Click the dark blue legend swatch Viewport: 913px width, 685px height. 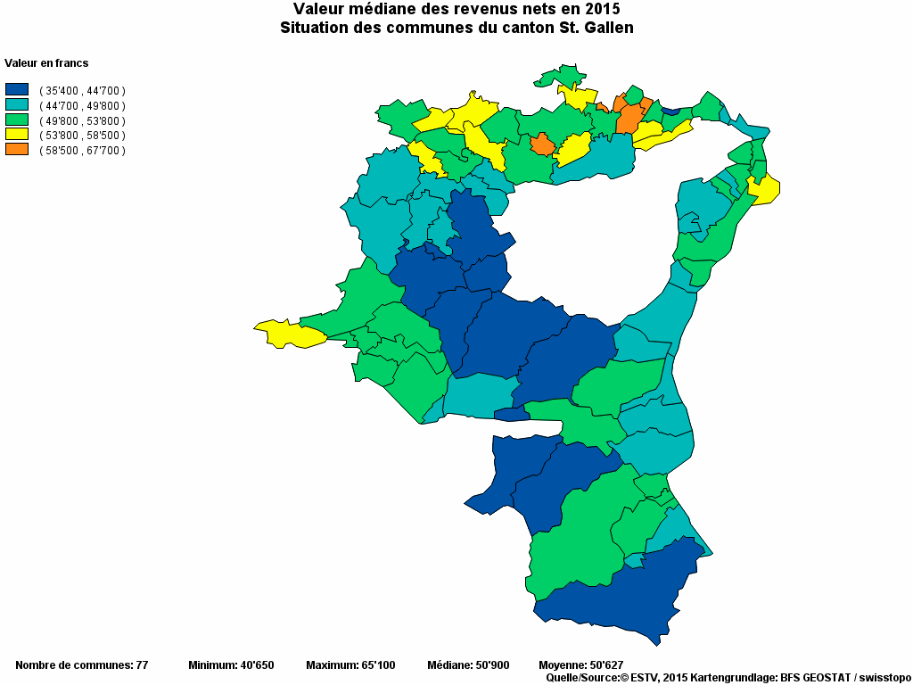(x=17, y=90)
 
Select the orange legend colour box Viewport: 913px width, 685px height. (x=17, y=150)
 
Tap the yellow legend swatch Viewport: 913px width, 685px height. (x=17, y=135)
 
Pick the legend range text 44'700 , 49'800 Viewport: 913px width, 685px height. (x=82, y=105)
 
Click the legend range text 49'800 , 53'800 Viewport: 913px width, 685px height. (x=82, y=120)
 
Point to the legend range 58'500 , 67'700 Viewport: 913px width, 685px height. (x=82, y=151)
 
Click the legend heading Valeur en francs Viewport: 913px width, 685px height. (x=46, y=63)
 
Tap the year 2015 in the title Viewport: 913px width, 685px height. (x=603, y=9)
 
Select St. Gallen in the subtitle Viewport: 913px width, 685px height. (x=595, y=28)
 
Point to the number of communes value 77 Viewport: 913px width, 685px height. (x=141, y=665)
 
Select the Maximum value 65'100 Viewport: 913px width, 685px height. (x=377, y=665)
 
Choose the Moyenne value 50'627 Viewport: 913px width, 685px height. (x=605, y=665)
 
